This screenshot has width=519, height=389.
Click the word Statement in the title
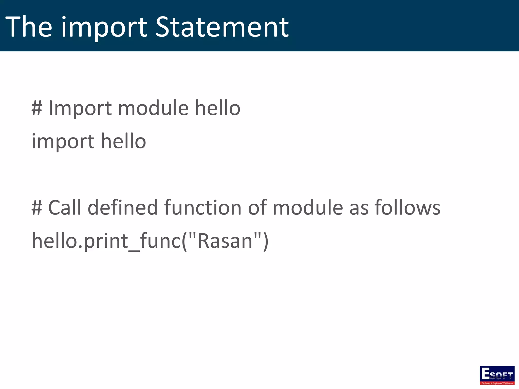(x=222, y=27)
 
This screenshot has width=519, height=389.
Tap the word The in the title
(x=28, y=27)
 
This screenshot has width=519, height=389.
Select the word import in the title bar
(x=104, y=28)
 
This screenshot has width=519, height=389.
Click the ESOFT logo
(x=497, y=375)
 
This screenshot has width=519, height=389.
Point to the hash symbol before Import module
(x=36, y=108)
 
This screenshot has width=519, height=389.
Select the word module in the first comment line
(x=153, y=108)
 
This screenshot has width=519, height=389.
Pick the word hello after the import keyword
(x=123, y=141)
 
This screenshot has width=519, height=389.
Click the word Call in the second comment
(x=65, y=207)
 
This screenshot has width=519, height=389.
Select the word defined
(x=123, y=207)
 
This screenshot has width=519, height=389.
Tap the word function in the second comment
(x=203, y=207)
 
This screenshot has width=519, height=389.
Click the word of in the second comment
(x=257, y=207)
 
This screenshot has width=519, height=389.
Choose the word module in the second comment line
(x=308, y=207)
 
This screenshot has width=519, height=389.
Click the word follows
(x=407, y=207)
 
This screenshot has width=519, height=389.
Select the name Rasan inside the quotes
(x=225, y=241)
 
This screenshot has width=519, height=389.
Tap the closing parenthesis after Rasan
(x=265, y=241)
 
